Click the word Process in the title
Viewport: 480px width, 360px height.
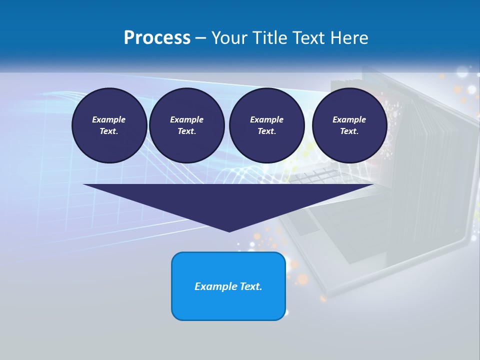pyautogui.click(x=157, y=38)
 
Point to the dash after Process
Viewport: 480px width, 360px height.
pyautogui.click(x=200, y=38)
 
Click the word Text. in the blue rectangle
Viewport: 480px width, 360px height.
pyautogui.click(x=251, y=286)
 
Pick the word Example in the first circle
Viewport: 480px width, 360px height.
pyautogui.click(x=109, y=119)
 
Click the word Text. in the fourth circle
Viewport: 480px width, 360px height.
pyautogui.click(x=349, y=131)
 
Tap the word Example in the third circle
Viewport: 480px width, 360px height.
pyautogui.click(x=267, y=119)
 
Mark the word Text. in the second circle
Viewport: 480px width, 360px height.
pyautogui.click(x=187, y=131)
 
